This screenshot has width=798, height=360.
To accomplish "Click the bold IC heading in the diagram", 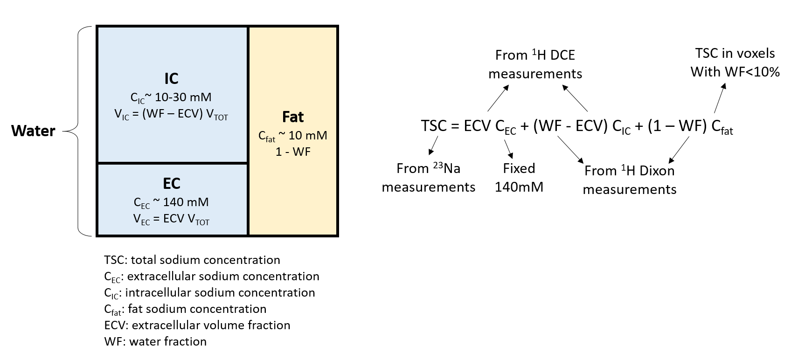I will tap(171, 78).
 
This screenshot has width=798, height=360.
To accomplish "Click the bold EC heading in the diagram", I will tap(171, 183).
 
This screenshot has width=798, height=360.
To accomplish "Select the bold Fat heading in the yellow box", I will tap(293, 117).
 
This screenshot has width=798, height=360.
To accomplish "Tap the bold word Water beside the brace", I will tap(33, 131).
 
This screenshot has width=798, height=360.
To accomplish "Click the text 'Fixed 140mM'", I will tap(519, 178).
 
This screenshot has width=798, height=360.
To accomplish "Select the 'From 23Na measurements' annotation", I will tap(428, 178).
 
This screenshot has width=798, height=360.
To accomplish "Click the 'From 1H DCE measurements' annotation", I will tap(535, 64).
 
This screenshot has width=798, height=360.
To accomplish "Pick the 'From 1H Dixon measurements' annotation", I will tap(629, 180).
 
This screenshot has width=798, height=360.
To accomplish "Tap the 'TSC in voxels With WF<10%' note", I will tap(735, 62).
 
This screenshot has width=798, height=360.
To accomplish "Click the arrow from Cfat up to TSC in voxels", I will tap(720, 98).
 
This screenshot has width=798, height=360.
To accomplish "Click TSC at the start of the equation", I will tap(434, 126).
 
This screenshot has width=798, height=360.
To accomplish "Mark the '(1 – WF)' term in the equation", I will tap(677, 126).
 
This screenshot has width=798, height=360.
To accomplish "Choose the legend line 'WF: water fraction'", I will tap(155, 341).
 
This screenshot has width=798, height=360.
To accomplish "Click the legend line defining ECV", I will tap(197, 325).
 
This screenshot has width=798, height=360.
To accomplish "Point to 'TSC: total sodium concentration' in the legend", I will tap(192, 260).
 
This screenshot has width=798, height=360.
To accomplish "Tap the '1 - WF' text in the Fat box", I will tap(293, 152).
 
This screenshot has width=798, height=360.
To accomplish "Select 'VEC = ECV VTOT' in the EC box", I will tap(171, 219).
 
